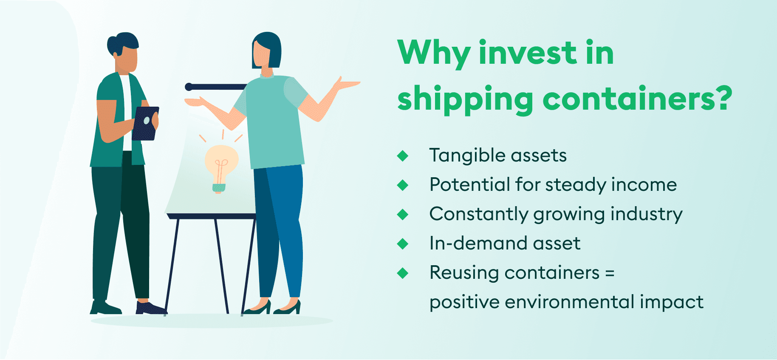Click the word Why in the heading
(433, 53)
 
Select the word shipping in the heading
(465, 100)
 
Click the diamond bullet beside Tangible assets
(402, 156)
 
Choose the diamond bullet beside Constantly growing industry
(402, 215)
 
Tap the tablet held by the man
(145, 123)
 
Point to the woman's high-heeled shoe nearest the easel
(258, 308)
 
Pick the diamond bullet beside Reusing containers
(402, 273)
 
